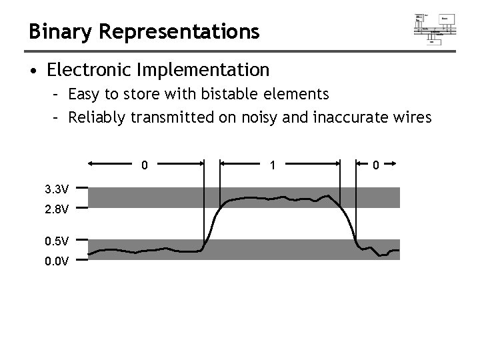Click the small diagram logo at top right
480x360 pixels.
pos(435,27)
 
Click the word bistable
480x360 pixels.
pos(223,94)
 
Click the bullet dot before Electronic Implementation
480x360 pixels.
pos(33,70)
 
